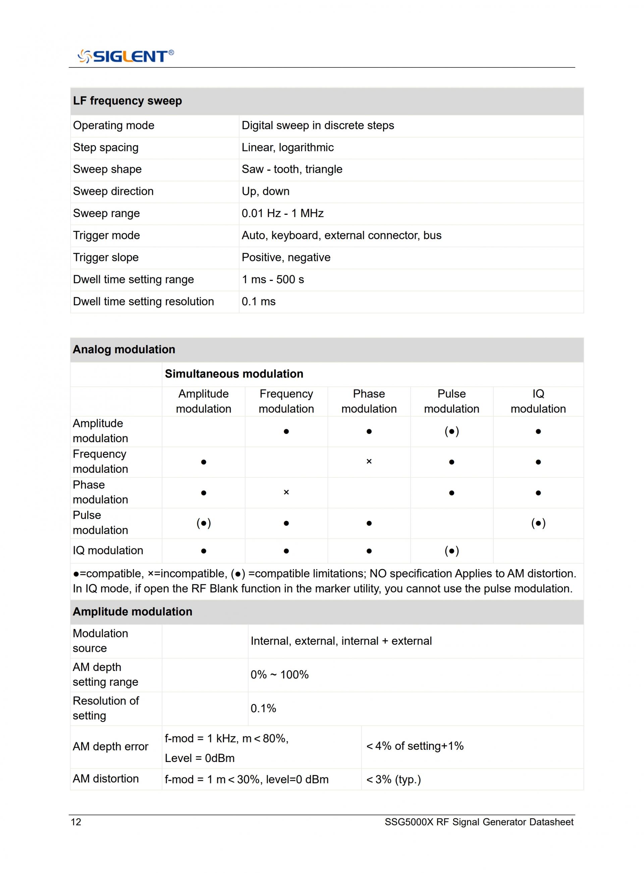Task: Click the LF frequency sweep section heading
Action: tap(127, 101)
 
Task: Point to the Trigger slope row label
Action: tap(106, 257)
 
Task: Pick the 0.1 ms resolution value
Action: tap(259, 301)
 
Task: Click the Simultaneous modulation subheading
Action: tap(234, 374)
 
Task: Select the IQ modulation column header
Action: tap(538, 401)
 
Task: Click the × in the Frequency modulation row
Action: tap(369, 462)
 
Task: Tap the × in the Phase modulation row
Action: tap(286, 493)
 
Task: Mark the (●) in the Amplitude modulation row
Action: tap(451, 431)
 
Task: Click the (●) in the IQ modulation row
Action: tap(451, 551)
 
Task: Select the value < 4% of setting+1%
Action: tap(415, 746)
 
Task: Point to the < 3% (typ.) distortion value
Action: tap(393, 780)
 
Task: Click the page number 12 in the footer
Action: tap(76, 822)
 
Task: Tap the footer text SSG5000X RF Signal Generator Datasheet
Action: tap(479, 822)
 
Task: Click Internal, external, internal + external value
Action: tap(341, 641)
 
